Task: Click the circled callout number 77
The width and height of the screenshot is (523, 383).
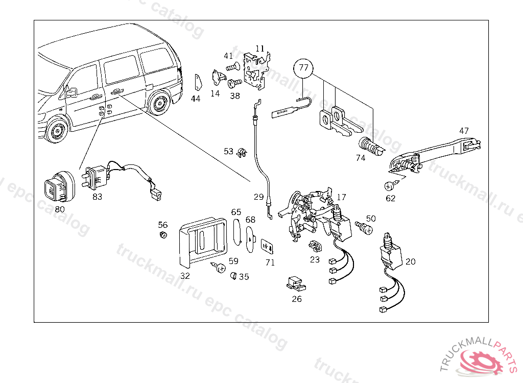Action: click(x=303, y=68)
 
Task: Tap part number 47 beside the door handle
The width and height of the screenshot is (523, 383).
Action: click(x=464, y=131)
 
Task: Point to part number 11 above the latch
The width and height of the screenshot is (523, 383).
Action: click(x=260, y=49)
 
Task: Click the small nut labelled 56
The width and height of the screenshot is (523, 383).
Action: click(x=163, y=235)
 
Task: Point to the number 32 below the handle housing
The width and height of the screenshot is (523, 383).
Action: click(x=185, y=276)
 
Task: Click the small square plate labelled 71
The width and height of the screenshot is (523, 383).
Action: click(x=267, y=247)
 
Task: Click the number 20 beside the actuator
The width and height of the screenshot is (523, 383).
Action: click(x=411, y=261)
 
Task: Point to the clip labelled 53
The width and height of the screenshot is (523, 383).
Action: click(x=242, y=153)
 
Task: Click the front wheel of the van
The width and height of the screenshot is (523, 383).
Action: click(x=56, y=131)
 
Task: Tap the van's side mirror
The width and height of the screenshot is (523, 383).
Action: click(x=71, y=92)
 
